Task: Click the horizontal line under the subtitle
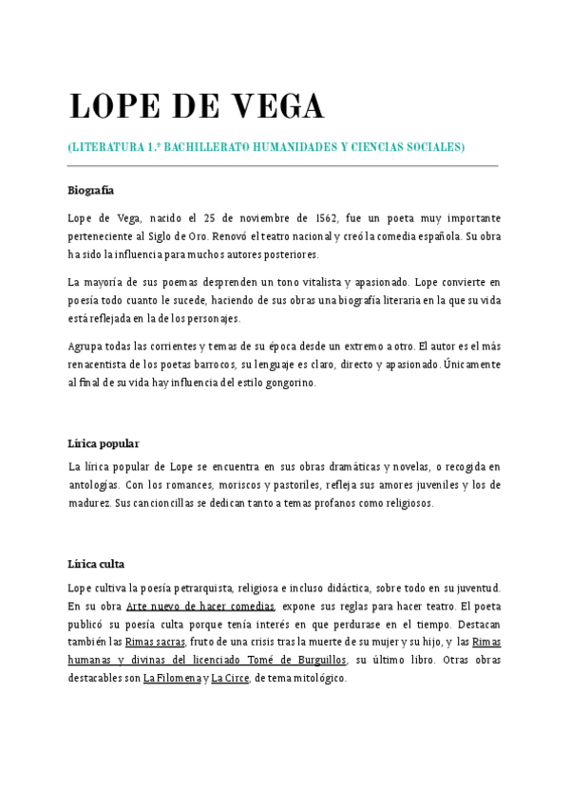[x=283, y=166]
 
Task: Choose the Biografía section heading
[x=91, y=191]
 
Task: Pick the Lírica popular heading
[x=104, y=443]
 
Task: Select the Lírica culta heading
[x=96, y=564]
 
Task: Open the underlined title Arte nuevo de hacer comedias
[x=200, y=607]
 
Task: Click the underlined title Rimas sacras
[x=155, y=643]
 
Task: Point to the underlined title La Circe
[x=230, y=679]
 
